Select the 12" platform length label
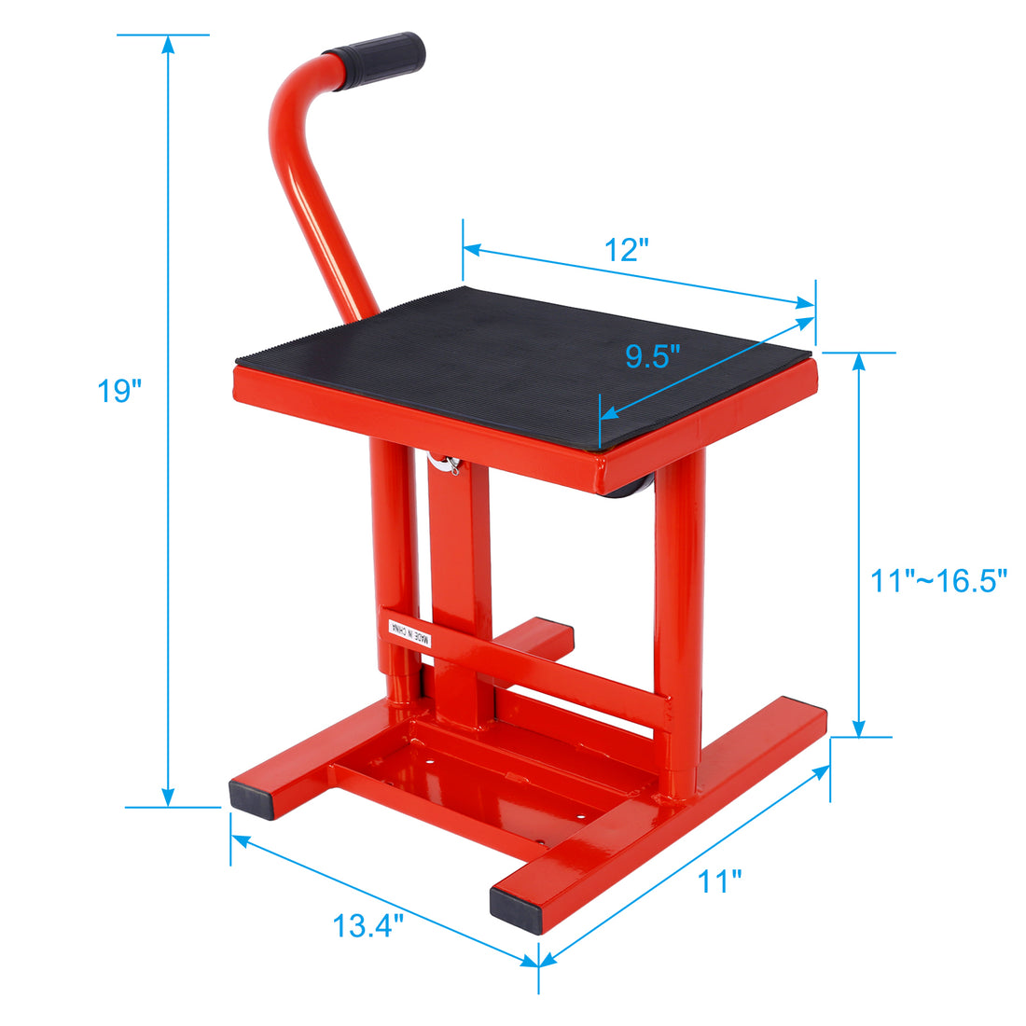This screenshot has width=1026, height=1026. tap(626, 250)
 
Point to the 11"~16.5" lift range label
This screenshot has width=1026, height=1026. tap(938, 581)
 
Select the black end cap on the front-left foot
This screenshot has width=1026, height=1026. tap(252, 799)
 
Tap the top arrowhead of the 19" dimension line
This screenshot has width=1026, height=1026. tap(168, 43)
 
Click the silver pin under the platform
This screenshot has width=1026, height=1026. tap(449, 464)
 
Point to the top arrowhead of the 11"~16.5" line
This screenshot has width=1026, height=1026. tap(859, 361)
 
